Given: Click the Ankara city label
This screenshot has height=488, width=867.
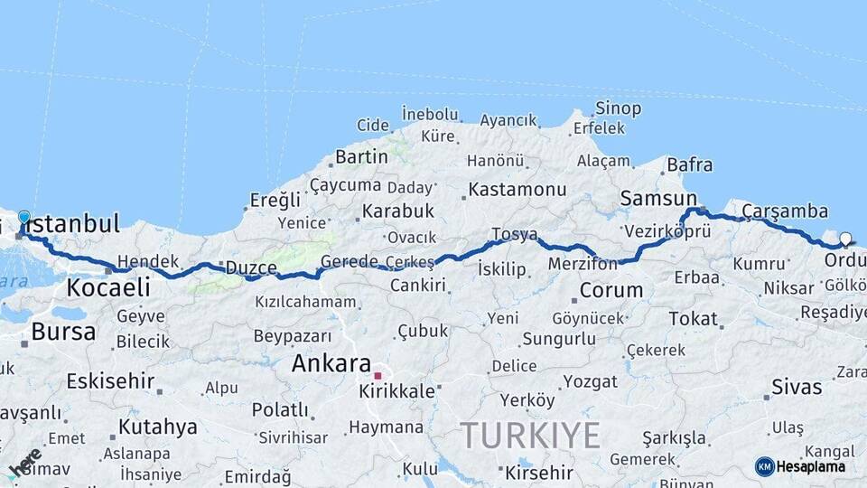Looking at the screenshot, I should pyautogui.click(x=331, y=363).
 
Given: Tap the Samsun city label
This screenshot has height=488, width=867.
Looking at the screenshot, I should pyautogui.click(x=658, y=198).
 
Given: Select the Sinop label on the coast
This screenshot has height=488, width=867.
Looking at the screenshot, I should pyautogui.click(x=619, y=108).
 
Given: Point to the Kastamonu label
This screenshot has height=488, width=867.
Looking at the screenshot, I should pyautogui.click(x=518, y=190).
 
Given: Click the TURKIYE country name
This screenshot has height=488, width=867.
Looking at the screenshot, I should pyautogui.click(x=530, y=436).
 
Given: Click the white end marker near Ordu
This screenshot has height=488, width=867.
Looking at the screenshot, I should pyautogui.click(x=845, y=239).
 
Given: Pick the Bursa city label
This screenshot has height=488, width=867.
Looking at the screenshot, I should pyautogui.click(x=63, y=332).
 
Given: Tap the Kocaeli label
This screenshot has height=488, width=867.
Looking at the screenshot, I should pyautogui.click(x=107, y=288).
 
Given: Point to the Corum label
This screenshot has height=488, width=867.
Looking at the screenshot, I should pyautogui.click(x=611, y=291).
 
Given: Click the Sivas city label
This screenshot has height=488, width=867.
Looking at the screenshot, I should pyautogui.click(x=797, y=388).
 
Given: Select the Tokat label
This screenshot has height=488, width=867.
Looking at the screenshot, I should pyautogui.click(x=693, y=319).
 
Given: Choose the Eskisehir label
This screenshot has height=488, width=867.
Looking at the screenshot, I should pyautogui.click(x=110, y=380).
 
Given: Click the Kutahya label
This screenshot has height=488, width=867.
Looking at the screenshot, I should pyautogui.click(x=157, y=427).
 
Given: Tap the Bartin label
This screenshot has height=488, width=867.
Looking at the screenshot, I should pyautogui.click(x=361, y=156).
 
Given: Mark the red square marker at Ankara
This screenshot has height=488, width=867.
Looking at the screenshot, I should pyautogui.click(x=378, y=376).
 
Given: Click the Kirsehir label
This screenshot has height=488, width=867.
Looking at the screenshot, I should pyautogui.click(x=539, y=472).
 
